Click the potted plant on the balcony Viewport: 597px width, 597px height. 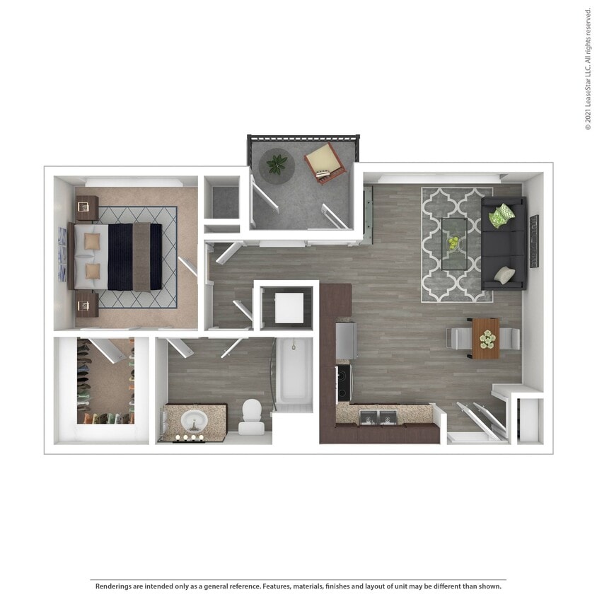pyautogui.click(x=277, y=165)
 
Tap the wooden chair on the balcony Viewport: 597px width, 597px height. pyautogui.click(x=325, y=163)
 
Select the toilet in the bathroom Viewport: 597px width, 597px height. pyautogui.click(x=252, y=416)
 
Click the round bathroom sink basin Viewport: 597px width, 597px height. pyautogui.click(x=195, y=421)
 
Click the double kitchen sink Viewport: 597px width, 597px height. pyautogui.click(x=378, y=417)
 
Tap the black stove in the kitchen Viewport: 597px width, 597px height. pyautogui.click(x=344, y=383)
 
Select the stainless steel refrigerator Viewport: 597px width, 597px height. pyautogui.click(x=346, y=341)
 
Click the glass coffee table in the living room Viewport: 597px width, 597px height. pyautogui.click(x=454, y=244)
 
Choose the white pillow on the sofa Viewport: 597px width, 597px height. pyautogui.click(x=504, y=275)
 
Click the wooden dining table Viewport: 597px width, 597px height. pyautogui.click(x=485, y=339)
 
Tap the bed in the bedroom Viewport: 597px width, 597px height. pyautogui.click(x=115, y=257)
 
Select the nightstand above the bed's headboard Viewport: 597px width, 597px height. pyautogui.click(x=87, y=208)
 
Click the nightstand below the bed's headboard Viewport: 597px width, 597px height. pyautogui.click(x=87, y=305)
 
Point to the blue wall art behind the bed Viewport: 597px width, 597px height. pyautogui.click(x=62, y=255)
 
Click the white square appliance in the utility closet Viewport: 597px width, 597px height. pyautogui.click(x=289, y=308)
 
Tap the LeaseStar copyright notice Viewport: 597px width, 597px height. pyautogui.click(x=589, y=69)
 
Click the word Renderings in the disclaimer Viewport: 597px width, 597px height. pyautogui.click(x=114, y=586)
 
